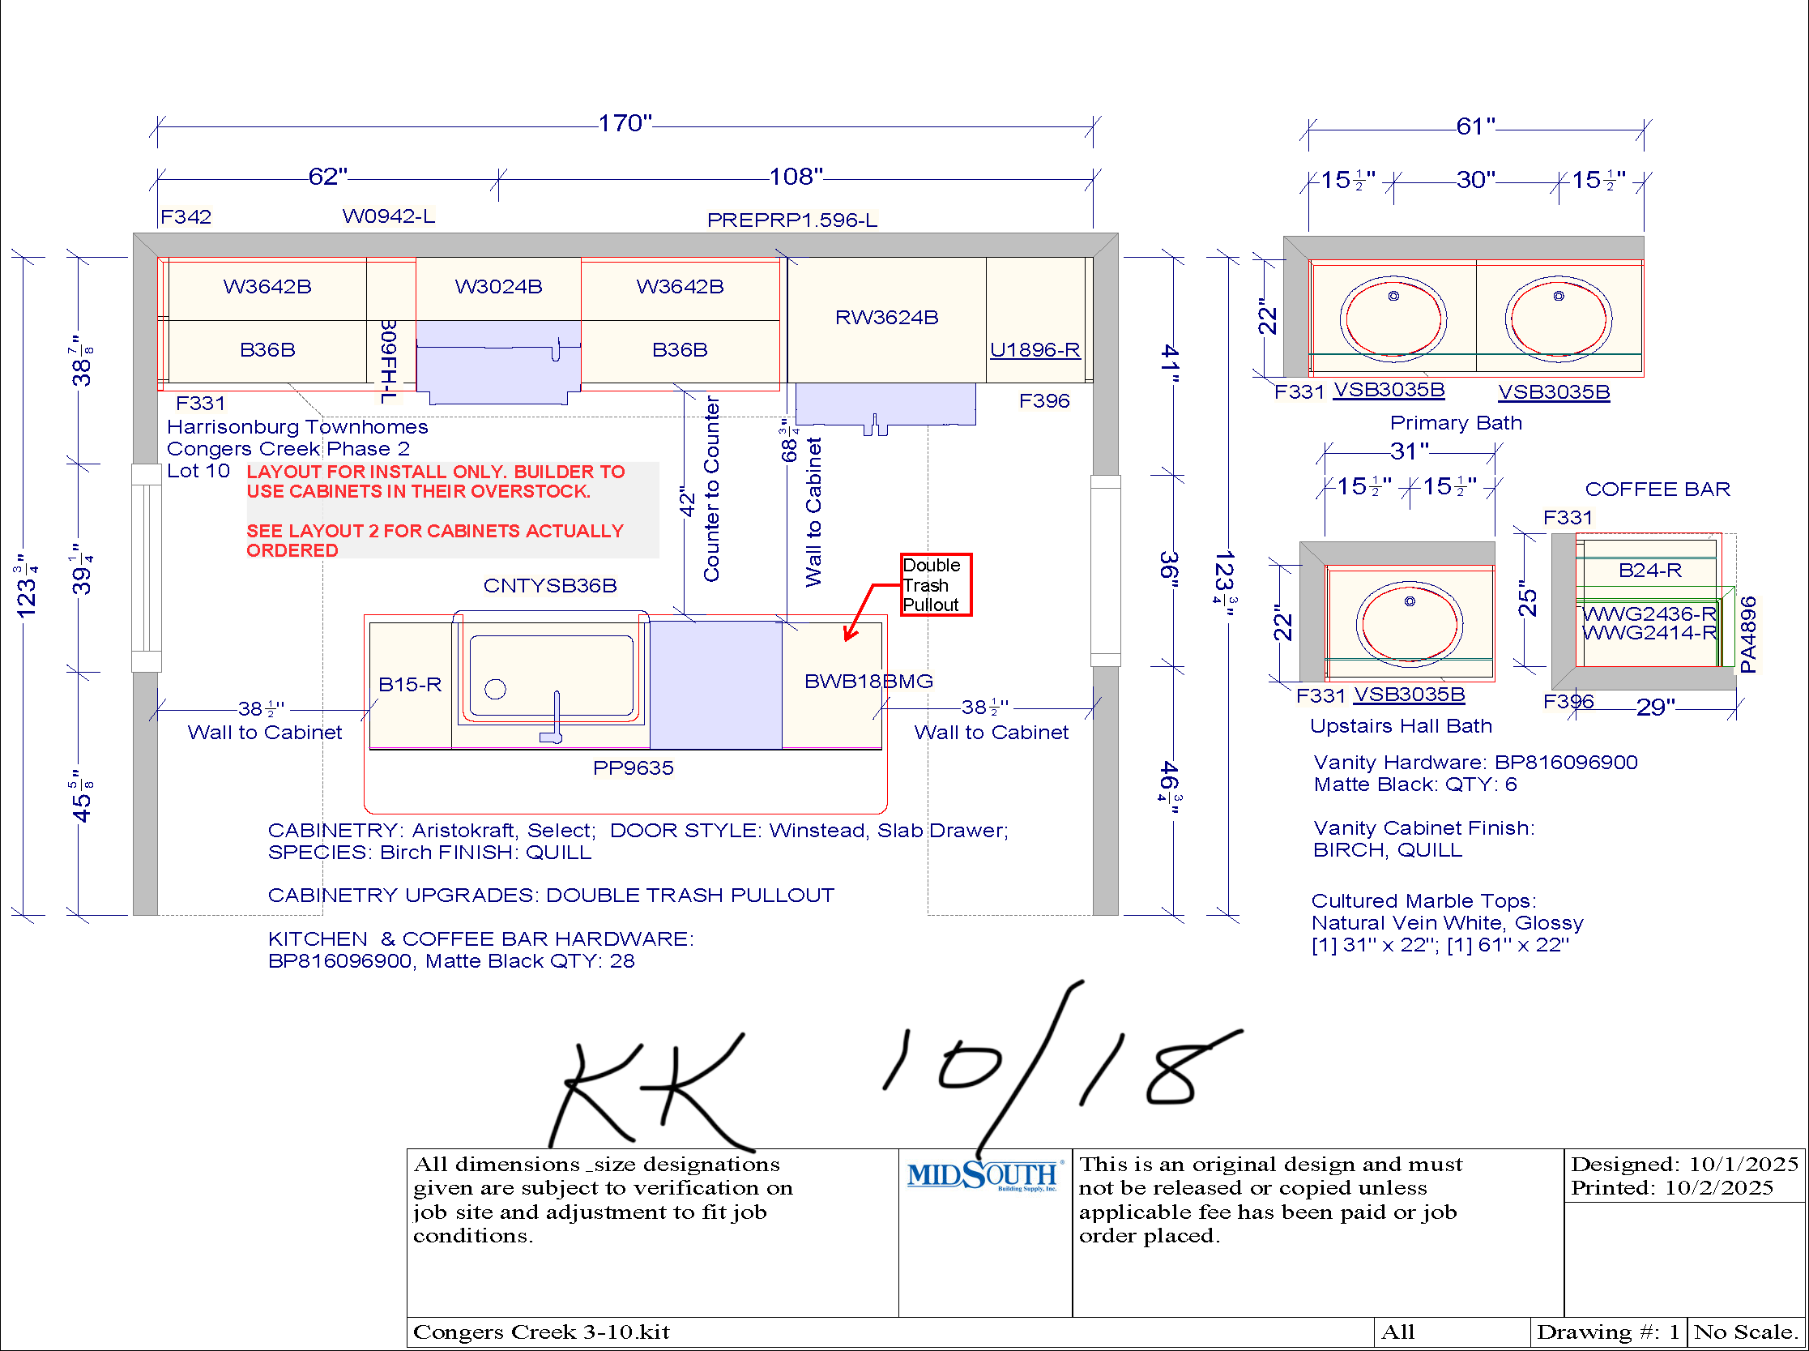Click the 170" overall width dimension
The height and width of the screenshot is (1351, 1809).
(625, 123)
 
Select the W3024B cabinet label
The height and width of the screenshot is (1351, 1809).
(499, 286)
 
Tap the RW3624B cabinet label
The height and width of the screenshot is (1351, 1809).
(887, 318)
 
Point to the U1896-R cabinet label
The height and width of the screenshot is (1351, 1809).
(1035, 350)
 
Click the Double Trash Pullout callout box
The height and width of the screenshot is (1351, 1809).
(936, 584)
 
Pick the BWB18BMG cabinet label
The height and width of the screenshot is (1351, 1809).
(869, 682)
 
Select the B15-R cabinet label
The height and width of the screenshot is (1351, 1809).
(410, 685)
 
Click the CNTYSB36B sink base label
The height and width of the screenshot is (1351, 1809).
(550, 586)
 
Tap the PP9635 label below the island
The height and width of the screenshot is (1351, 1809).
(634, 768)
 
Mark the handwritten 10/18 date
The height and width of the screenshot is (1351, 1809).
(1063, 1067)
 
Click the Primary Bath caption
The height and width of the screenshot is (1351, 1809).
(1456, 423)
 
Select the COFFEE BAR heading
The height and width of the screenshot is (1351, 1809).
(1658, 489)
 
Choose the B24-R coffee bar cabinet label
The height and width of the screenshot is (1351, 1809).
(1650, 570)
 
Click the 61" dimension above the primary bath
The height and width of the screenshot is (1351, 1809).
(1475, 126)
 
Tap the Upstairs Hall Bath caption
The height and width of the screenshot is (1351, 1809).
(1401, 726)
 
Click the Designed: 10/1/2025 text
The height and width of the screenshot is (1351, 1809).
(1685, 1164)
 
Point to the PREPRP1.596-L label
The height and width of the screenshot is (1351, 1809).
(792, 220)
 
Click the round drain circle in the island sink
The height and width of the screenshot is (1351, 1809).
(495, 690)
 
